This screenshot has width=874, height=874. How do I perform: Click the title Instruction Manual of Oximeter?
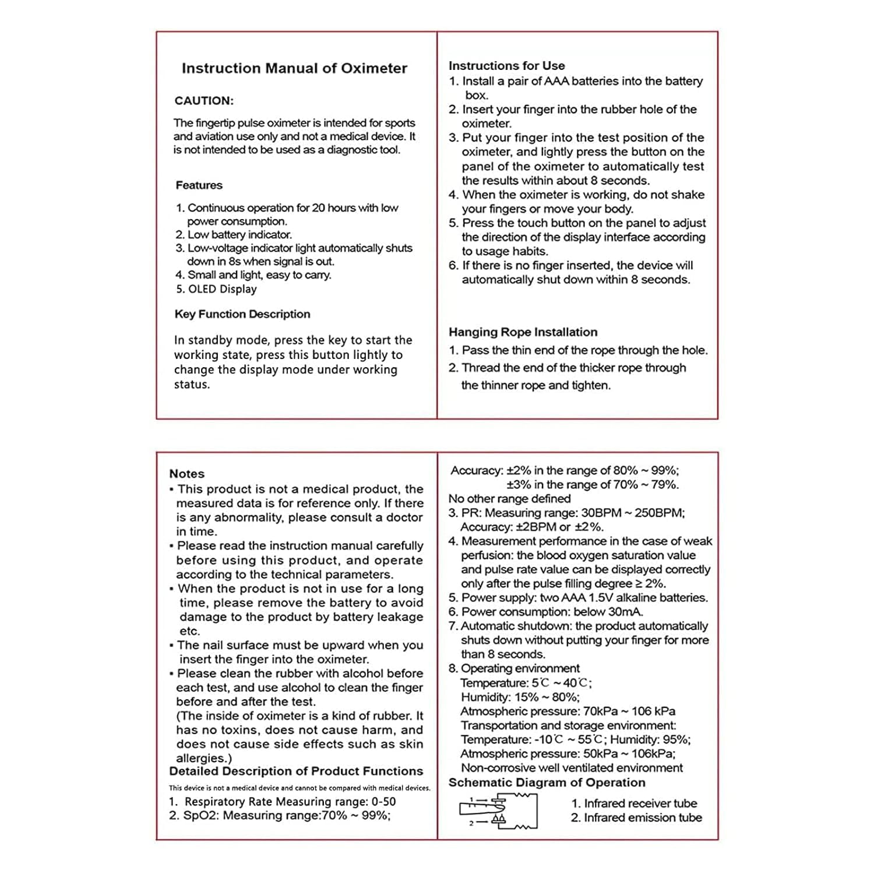coord(294,68)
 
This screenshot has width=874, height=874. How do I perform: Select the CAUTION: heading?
coord(204,101)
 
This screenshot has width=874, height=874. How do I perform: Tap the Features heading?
coord(199,185)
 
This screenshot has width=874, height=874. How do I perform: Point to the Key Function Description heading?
coord(242,314)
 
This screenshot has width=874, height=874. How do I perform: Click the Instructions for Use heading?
coord(506,66)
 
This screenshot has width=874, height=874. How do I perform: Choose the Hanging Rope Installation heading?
coord(523,332)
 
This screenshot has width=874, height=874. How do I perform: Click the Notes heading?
coord(186,474)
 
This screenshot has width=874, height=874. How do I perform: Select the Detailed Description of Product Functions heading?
coord(296,771)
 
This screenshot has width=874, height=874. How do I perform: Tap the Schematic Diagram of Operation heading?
coord(547,783)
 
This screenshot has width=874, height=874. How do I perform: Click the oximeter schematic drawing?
coord(499,810)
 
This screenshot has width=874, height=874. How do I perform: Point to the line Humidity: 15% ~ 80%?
coord(520,697)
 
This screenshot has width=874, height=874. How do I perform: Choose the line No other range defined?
coord(509,499)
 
